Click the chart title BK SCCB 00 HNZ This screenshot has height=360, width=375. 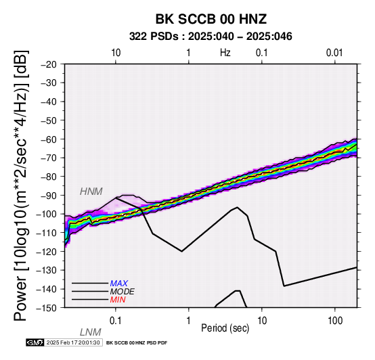point(211,19)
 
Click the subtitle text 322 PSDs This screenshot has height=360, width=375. point(154,37)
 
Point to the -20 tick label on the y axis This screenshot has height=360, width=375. point(49,64)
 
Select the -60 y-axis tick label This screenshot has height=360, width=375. point(49,139)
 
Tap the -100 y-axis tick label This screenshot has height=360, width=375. point(47,214)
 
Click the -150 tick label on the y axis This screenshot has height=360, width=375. point(47,308)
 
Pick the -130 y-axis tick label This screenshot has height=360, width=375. point(47,270)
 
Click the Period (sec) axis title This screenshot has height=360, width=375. point(225,328)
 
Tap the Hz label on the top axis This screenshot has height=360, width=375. point(225,53)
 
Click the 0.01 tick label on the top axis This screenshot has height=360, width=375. point(334,53)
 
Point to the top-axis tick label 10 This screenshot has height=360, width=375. point(116,53)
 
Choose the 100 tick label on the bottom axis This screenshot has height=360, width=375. point(335,321)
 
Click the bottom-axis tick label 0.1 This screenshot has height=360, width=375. point(116,321)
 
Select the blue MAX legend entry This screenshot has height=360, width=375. point(119,284)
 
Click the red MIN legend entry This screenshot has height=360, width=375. point(118,300)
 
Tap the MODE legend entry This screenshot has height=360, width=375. point(123,292)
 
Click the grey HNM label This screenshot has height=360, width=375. point(91,192)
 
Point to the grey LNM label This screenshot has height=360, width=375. point(91,332)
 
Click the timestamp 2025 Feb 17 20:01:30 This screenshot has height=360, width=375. point(73,342)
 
